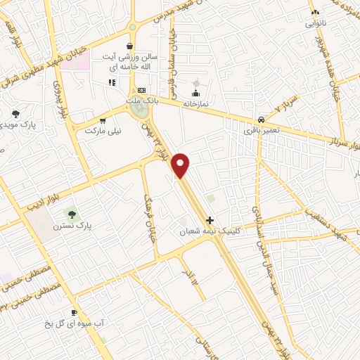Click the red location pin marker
coord(181,165)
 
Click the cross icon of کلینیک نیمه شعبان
coord(210,220)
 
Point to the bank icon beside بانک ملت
coord(141,90)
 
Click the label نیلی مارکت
coord(103,130)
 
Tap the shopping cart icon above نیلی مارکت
coord(103,120)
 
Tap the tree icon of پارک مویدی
coord(15,113)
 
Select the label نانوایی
coord(316,22)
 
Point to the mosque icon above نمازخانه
coord(196,93)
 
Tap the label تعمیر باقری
coord(262,130)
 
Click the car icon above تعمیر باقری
coord(262,120)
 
